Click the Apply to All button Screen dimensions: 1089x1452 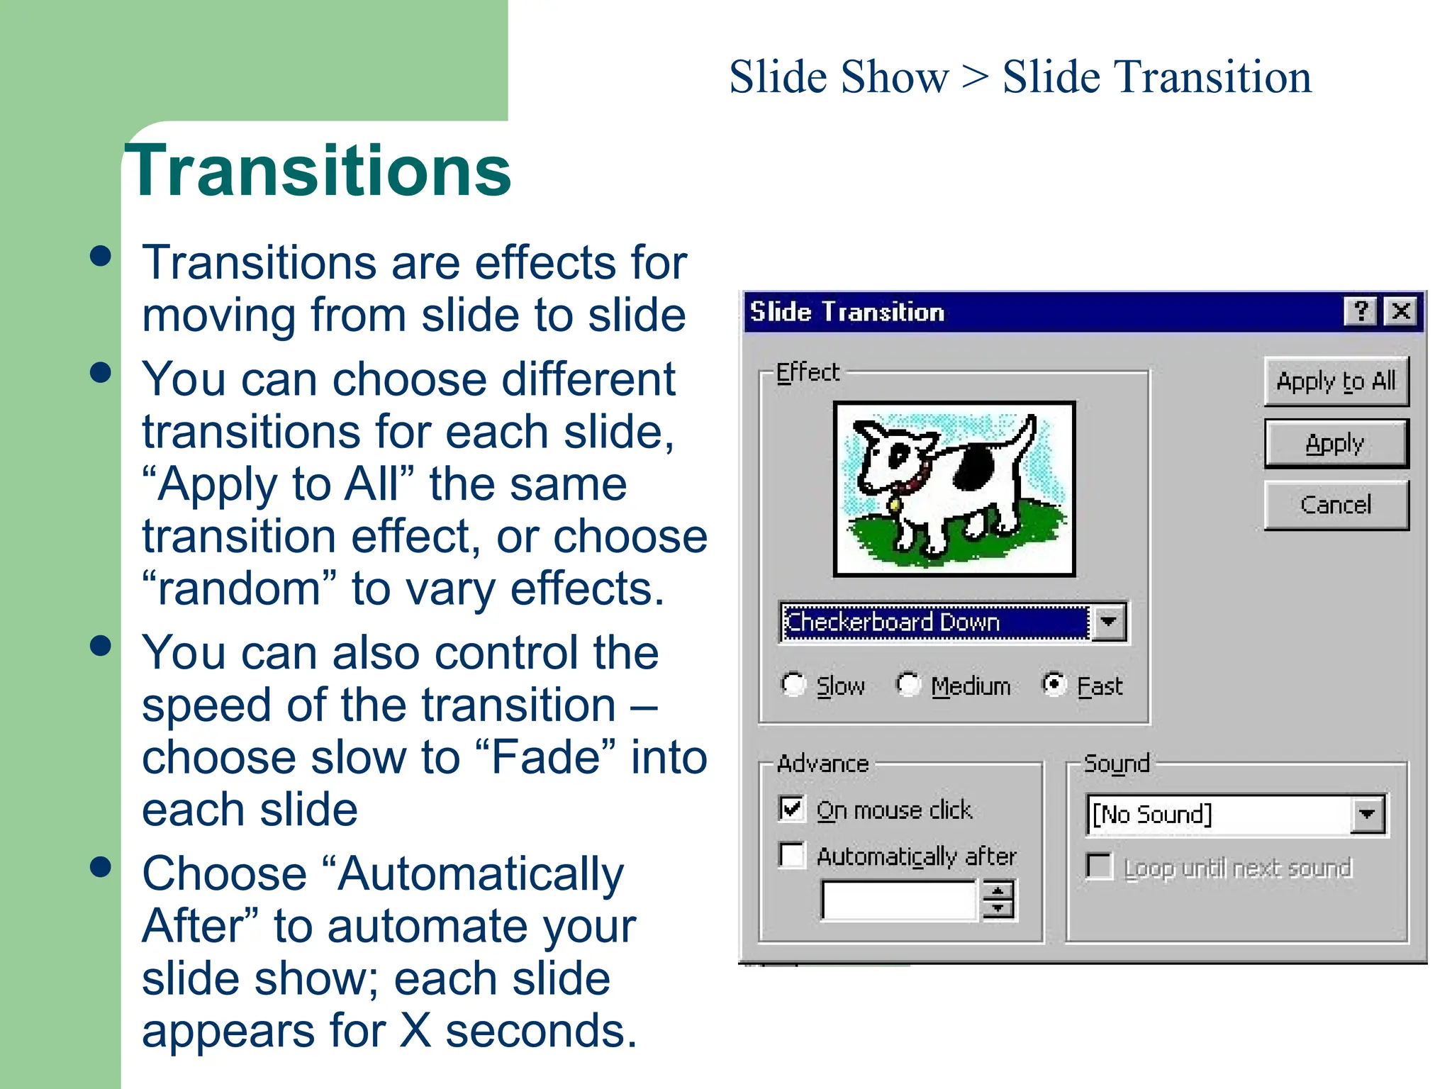[1336, 381]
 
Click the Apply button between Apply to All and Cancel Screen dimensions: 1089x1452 [1336, 444]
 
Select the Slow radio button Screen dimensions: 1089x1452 [793, 685]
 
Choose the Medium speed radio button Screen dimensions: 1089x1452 [908, 685]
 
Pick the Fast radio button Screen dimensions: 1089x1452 [1054, 684]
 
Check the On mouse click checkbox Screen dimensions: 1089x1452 [792, 809]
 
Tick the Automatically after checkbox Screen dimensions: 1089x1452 [792, 855]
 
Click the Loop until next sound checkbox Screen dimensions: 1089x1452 [1099, 866]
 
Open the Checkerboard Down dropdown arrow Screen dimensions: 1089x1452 [1109, 622]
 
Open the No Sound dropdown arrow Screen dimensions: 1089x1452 [1367, 815]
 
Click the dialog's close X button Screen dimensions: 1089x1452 [1401, 311]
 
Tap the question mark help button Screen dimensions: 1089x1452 [1361, 311]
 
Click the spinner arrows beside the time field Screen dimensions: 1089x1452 [998, 900]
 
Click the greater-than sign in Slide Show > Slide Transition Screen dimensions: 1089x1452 [975, 77]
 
